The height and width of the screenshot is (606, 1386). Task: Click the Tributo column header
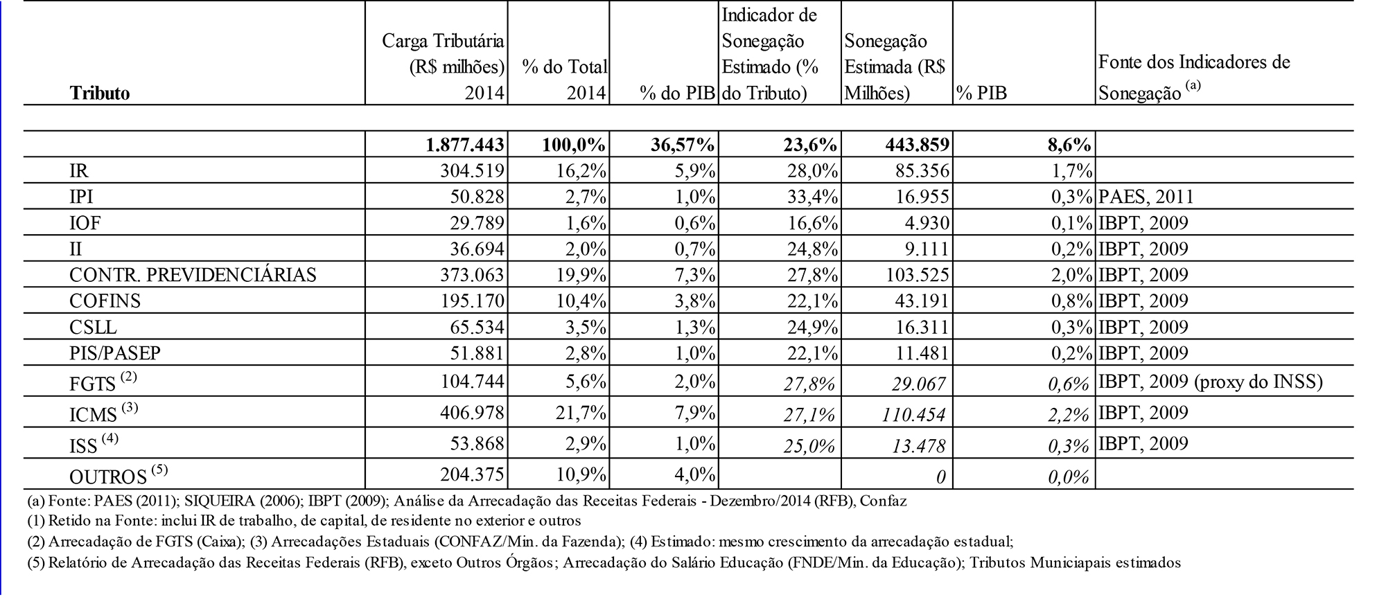tap(99, 93)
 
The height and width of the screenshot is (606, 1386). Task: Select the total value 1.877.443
tap(465, 145)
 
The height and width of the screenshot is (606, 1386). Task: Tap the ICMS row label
tap(94, 414)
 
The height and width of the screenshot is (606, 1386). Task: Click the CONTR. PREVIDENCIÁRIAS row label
tap(193, 275)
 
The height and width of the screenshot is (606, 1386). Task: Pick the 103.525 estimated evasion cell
tap(917, 275)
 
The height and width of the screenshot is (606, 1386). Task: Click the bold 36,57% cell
tap(683, 145)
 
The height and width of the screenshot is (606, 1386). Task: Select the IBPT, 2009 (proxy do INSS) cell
tap(1211, 382)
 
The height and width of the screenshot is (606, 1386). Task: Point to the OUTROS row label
tap(108, 476)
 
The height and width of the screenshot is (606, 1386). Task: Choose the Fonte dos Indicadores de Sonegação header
tap(1193, 76)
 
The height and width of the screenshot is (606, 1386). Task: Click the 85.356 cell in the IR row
tap(921, 171)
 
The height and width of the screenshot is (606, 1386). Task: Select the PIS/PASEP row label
tap(115, 353)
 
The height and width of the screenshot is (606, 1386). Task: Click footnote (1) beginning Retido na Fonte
tap(304, 520)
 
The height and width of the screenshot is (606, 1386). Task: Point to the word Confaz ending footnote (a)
tap(885, 501)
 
